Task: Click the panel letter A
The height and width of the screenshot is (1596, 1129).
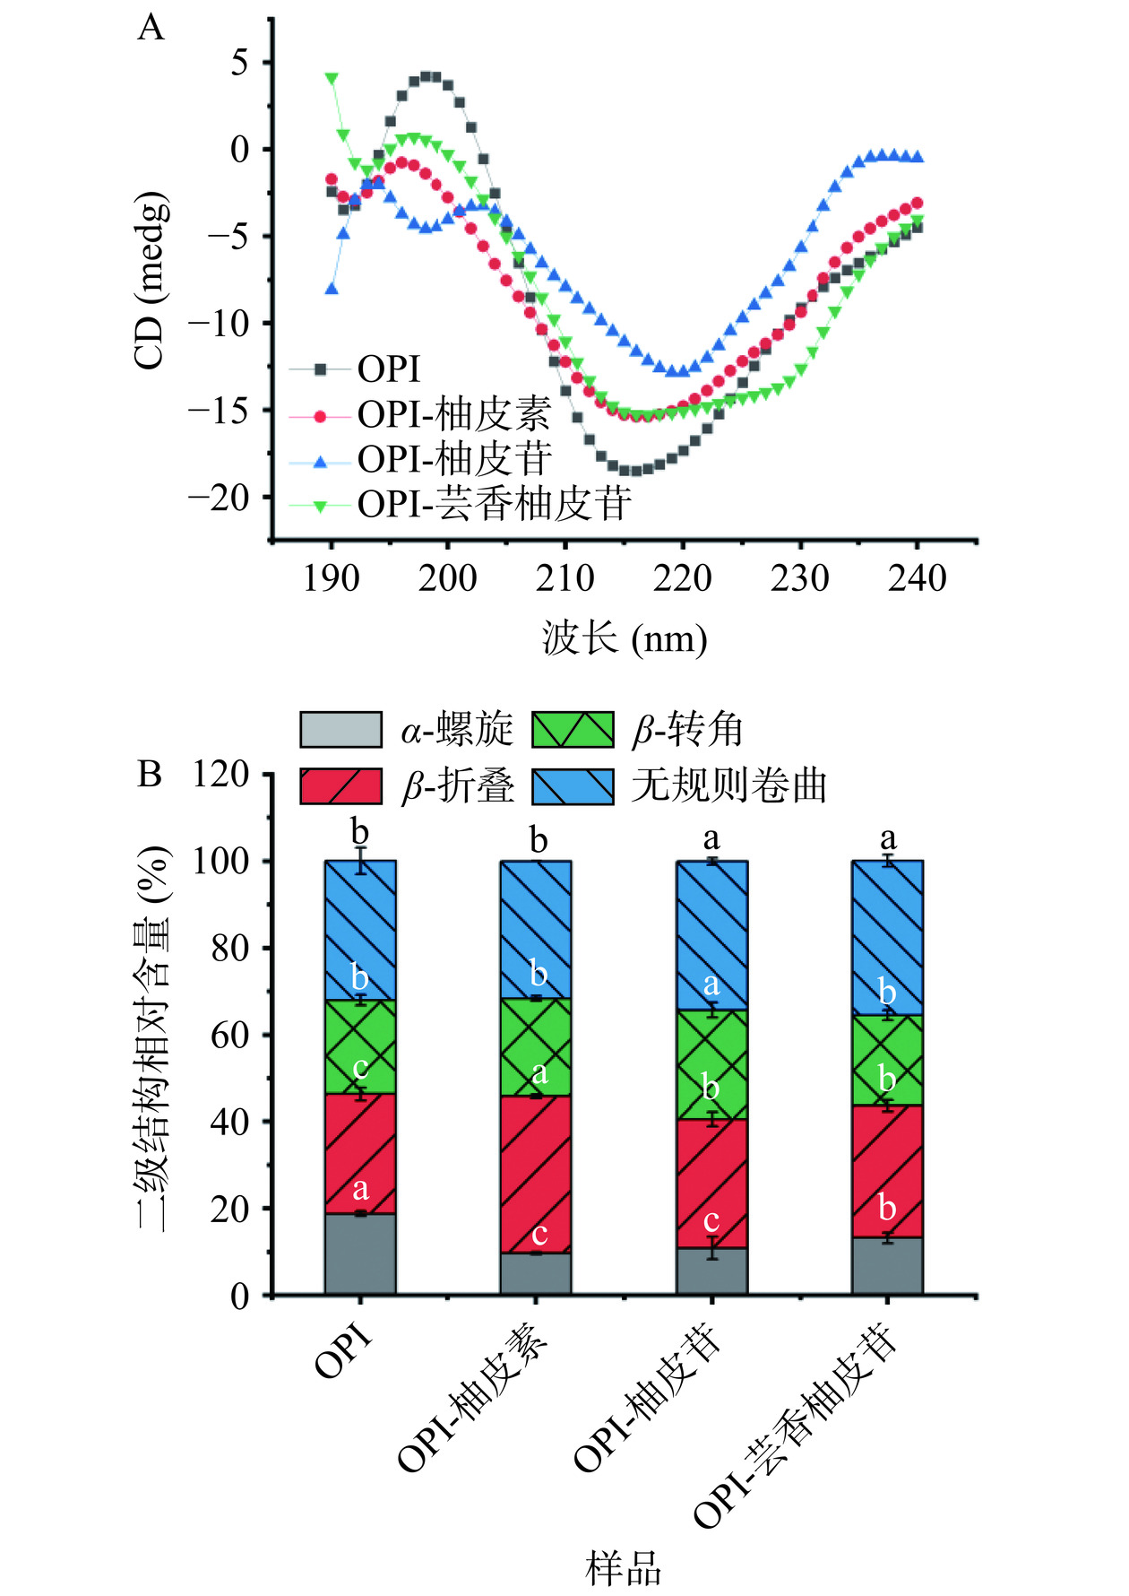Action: point(151,29)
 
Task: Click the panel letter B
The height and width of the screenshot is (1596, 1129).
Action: point(150,774)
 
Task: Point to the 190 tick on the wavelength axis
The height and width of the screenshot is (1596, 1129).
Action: point(331,579)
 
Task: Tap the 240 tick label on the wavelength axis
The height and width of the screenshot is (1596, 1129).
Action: point(917,579)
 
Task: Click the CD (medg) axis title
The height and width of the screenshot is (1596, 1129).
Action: point(150,280)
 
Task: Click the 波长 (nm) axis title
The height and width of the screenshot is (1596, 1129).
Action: point(625,639)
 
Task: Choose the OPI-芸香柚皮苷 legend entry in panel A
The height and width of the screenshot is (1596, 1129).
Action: point(494,504)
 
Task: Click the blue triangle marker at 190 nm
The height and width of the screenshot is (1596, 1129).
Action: point(332,289)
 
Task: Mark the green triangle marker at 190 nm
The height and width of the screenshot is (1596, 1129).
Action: point(332,78)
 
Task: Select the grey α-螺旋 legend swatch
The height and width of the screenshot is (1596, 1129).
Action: point(340,730)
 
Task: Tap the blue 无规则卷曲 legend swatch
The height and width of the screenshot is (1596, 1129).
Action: point(573,786)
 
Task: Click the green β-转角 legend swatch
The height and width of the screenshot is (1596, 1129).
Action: point(573,730)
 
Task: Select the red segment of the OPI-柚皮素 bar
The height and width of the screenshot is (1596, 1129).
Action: point(536,1175)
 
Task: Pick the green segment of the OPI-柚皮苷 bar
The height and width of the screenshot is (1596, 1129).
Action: point(711,1064)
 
